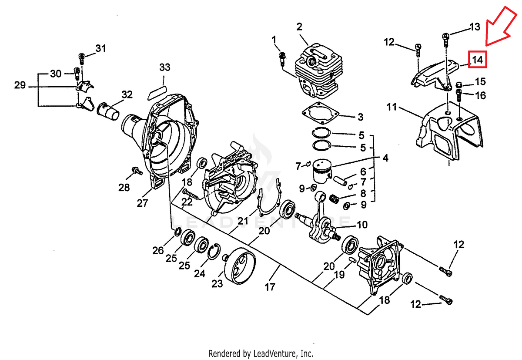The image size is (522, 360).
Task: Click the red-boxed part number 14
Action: pos(478,60)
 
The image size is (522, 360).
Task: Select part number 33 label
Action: pos(165,67)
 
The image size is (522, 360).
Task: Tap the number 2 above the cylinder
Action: pos(299,27)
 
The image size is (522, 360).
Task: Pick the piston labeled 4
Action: pos(322,171)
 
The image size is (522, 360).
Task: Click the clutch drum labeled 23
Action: pos(240,266)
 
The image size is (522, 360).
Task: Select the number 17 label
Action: pos(270,287)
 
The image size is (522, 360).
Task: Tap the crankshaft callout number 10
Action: pos(362,225)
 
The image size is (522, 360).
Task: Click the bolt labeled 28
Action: pos(137,171)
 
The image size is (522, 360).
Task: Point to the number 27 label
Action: pos(142,203)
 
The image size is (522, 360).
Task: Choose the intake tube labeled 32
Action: pos(108,111)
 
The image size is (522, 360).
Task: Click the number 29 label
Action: pos(20,85)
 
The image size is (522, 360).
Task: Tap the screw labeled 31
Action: pos(82,59)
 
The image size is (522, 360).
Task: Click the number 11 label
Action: pos(391,107)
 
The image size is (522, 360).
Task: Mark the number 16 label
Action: pos(480,95)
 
